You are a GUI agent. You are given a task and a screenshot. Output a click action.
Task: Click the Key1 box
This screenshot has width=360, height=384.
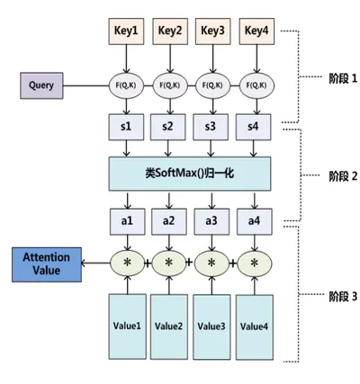[126, 31]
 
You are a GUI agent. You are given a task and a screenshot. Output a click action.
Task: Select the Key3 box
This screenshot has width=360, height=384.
[212, 31]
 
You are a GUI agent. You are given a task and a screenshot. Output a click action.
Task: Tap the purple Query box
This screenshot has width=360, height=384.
[41, 85]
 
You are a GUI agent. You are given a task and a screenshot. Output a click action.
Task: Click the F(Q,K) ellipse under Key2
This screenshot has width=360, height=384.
[170, 85]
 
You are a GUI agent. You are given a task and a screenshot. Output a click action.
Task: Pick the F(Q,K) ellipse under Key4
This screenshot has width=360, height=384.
[256, 85]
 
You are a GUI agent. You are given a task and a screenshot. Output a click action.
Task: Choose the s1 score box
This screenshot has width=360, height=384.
[126, 127]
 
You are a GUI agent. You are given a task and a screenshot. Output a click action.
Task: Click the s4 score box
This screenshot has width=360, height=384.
[254, 127]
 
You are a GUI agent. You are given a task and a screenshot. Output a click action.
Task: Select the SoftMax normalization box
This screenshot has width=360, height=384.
[190, 174]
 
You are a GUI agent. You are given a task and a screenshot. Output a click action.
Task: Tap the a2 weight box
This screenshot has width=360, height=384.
[169, 221]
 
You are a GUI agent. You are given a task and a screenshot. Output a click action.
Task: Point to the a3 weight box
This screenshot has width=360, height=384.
[211, 221]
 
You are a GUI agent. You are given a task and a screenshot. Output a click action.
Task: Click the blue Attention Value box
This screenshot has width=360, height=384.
[47, 264]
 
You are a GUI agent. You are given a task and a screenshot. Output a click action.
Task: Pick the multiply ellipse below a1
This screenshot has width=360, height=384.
[128, 263]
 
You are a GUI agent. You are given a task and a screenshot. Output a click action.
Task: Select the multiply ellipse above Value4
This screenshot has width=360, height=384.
[255, 263]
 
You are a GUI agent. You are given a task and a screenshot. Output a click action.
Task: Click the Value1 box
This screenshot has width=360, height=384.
[128, 326]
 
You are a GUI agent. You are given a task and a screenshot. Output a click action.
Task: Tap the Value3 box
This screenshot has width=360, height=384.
[211, 326]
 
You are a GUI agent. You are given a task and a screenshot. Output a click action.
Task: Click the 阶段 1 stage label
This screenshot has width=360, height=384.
[343, 78]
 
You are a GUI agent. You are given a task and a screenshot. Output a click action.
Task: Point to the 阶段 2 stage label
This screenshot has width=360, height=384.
[343, 176]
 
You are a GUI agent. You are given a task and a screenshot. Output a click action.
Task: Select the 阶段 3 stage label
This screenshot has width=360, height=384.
[343, 297]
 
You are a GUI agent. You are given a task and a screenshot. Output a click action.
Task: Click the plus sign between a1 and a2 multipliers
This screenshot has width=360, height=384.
[148, 263]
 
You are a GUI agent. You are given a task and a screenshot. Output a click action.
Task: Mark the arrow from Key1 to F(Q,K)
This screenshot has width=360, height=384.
[126, 58]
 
